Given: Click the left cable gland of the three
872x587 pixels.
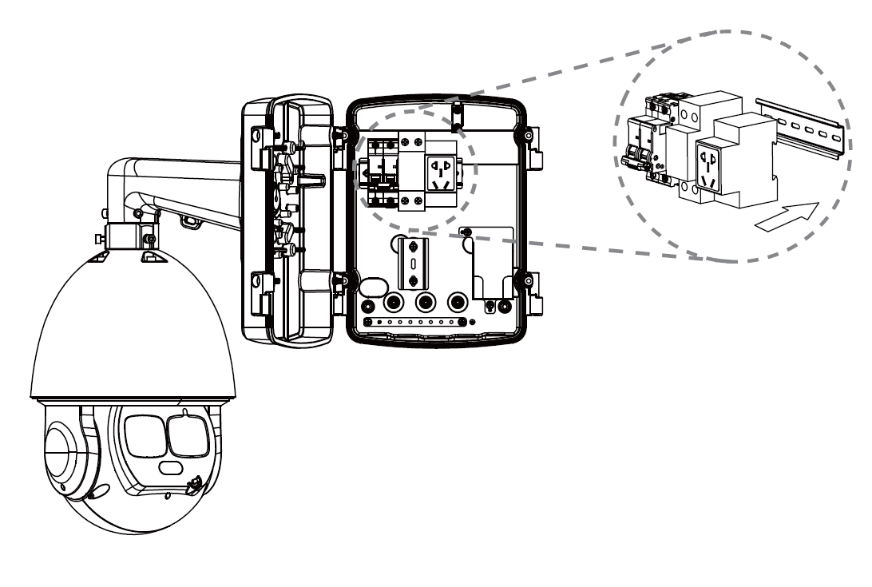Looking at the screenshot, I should [394, 303].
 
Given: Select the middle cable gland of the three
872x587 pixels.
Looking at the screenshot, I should [426, 303].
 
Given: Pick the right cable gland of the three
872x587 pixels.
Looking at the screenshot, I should [457, 303].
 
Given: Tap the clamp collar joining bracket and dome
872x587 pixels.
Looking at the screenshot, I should [127, 236].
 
